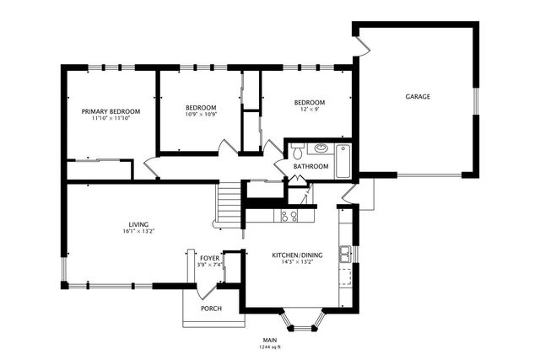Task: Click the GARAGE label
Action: click(x=418, y=97)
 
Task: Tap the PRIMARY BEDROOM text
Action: click(x=111, y=111)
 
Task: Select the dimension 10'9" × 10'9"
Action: click(x=201, y=115)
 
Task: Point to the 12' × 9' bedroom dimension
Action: click(x=310, y=109)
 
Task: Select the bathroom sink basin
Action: click(x=320, y=150)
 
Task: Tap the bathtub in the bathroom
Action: click(x=343, y=161)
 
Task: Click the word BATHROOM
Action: click(x=310, y=167)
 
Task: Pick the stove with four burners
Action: click(x=289, y=216)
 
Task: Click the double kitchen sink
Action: click(x=345, y=252)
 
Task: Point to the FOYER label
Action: click(x=209, y=258)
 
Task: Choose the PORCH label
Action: click(x=211, y=309)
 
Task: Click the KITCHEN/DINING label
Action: click(x=292, y=255)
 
